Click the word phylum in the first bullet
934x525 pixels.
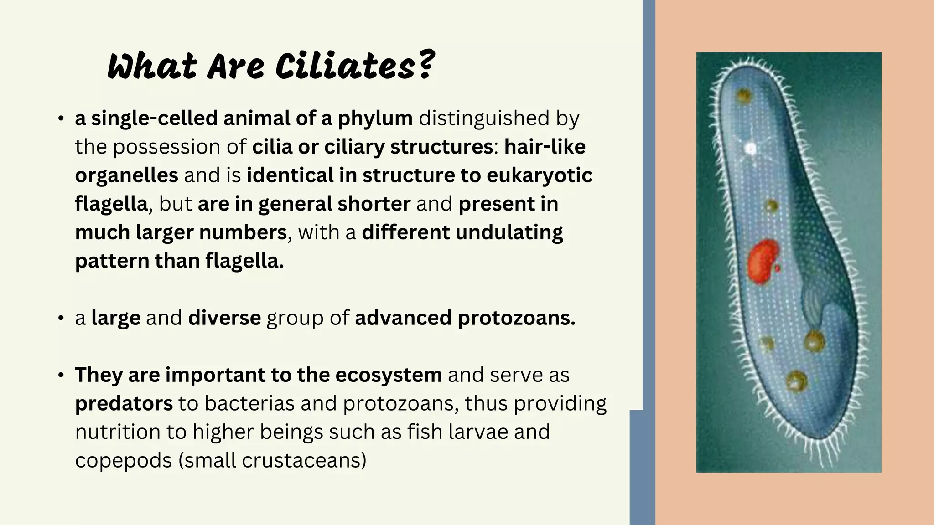[x=375, y=118]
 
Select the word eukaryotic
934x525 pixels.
[x=540, y=175]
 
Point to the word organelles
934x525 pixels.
[x=126, y=175]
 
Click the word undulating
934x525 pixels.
[x=509, y=232]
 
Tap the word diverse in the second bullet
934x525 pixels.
[x=224, y=318]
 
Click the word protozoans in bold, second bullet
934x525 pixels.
[x=516, y=318]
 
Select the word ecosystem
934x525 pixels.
[x=388, y=375]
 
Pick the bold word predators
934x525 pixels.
[x=124, y=404]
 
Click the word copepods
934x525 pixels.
[x=123, y=461]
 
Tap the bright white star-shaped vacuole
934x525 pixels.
[x=750, y=148]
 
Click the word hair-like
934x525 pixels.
[x=545, y=147]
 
